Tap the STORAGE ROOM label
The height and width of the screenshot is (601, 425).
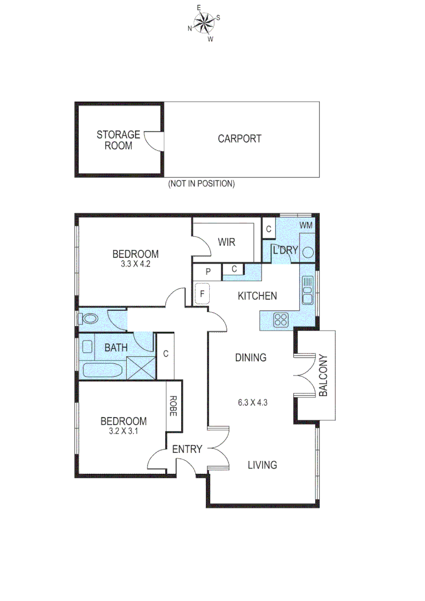click(x=118, y=140)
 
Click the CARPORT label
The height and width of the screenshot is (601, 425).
click(x=239, y=139)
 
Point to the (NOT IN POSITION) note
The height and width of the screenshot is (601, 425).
click(x=201, y=184)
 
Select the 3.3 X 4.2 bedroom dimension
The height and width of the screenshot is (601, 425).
click(x=135, y=265)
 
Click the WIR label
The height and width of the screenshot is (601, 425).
click(x=226, y=242)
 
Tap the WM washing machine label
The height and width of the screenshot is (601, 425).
click(x=306, y=225)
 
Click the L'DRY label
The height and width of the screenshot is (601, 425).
click(x=285, y=250)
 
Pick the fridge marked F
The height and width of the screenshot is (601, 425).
click(x=201, y=293)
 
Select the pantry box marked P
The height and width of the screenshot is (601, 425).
click(x=207, y=272)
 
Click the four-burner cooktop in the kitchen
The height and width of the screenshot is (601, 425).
click(x=281, y=319)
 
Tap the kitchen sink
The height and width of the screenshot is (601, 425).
click(x=307, y=289)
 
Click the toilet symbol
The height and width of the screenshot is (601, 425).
click(x=89, y=319)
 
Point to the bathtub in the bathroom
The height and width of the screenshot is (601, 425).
click(x=102, y=370)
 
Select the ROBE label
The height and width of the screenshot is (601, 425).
click(x=173, y=406)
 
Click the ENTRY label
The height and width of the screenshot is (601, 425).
click(x=187, y=449)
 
